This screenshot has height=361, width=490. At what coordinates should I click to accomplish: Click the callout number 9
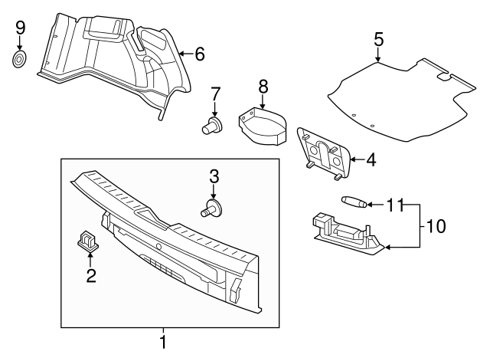(x=21, y=28)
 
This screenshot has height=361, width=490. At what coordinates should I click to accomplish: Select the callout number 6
(x=199, y=54)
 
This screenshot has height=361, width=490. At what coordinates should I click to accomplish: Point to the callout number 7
(x=216, y=94)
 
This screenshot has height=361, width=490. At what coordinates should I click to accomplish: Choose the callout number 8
(x=262, y=86)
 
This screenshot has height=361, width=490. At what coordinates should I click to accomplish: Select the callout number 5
(x=379, y=39)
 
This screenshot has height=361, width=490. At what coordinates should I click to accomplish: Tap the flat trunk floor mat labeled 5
(x=398, y=100)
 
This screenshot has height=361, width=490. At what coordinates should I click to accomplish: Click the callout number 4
(x=371, y=160)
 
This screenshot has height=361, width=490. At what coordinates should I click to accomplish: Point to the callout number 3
(x=214, y=176)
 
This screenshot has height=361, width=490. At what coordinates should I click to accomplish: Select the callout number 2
(x=90, y=277)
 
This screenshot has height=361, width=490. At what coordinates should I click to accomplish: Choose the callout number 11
(x=394, y=205)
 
